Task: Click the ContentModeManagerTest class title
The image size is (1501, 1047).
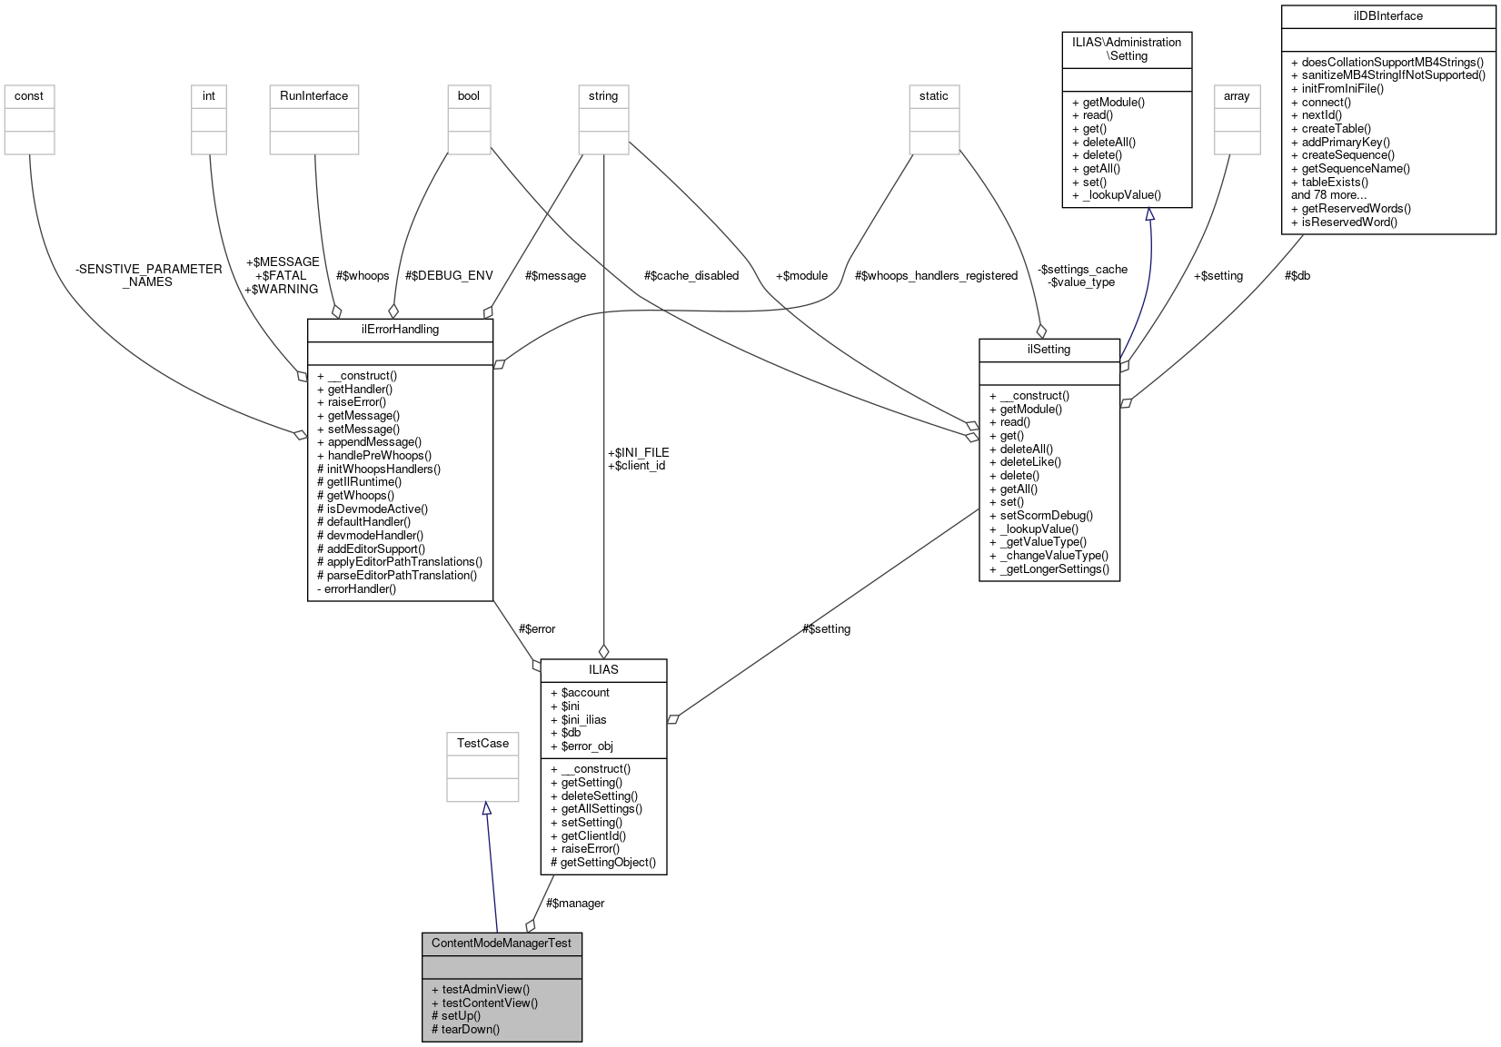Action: (x=502, y=943)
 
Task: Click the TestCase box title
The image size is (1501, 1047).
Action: (x=482, y=743)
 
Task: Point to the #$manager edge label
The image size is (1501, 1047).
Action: (x=575, y=903)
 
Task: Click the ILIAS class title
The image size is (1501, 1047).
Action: (x=603, y=669)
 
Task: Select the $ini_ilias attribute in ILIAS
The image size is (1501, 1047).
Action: (x=583, y=719)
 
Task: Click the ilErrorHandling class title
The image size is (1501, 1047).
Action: (x=400, y=329)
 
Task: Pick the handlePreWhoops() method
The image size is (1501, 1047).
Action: (x=379, y=455)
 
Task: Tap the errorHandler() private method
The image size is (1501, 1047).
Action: (x=361, y=588)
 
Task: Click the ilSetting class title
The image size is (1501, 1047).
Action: (x=1049, y=349)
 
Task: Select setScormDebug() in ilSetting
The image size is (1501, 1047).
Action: (x=1046, y=515)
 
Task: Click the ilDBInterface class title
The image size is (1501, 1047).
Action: (x=1387, y=15)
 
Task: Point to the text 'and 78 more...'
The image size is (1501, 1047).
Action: (x=1328, y=194)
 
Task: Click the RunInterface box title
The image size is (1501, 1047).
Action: (x=313, y=95)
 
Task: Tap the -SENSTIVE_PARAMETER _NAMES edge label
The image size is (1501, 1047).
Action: (x=148, y=275)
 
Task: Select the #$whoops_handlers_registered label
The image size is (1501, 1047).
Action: (x=936, y=275)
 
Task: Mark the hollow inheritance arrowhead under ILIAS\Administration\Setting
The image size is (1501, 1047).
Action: (x=1149, y=214)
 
